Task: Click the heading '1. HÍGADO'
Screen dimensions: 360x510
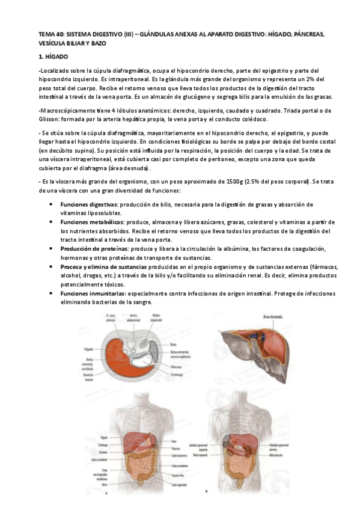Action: (53, 56)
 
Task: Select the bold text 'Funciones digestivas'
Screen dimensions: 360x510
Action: (89, 204)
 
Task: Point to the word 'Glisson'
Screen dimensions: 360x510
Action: (50, 118)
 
